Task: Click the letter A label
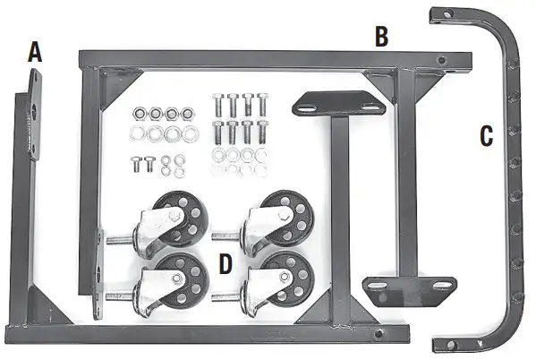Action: (x=35, y=52)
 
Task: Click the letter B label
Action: (x=381, y=37)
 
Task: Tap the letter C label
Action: (x=486, y=136)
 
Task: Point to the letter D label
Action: (x=225, y=264)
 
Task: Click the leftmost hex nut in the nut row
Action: (x=139, y=113)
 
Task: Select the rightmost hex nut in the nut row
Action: (x=187, y=113)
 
